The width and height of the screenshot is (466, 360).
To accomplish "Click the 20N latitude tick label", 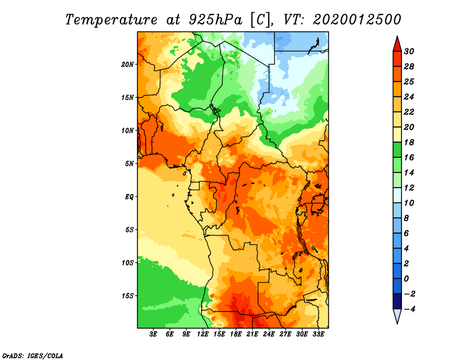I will pos(128,64).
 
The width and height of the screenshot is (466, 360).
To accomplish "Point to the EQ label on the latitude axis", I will pos(129,196).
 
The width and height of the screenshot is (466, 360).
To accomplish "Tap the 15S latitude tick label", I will pos(128,295).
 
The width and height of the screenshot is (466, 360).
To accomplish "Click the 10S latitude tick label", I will pos(128,263).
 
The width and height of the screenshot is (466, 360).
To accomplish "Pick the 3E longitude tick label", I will pos(154,335).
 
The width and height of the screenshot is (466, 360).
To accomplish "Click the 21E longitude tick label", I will pos(252,335).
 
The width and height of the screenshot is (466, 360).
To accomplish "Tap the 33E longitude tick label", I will pos(318,335).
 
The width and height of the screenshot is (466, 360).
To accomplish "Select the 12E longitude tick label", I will pos(203,335).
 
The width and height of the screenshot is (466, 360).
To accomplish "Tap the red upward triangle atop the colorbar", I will pos(397,43).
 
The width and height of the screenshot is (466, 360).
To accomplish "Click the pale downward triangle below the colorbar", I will pos(397,316).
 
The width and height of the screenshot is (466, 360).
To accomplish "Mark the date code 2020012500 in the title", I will pos(357,19).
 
